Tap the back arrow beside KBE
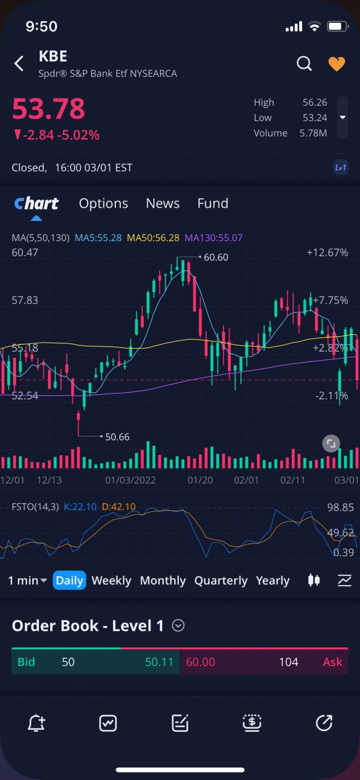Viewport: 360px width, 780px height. tap(19, 64)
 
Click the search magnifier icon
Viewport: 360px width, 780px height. tap(304, 64)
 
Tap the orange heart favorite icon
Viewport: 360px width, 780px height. tap(337, 64)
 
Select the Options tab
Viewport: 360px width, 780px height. tap(104, 203)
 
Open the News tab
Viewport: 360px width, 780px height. tap(163, 203)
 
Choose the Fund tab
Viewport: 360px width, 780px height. tap(213, 203)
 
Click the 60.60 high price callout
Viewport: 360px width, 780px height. tap(216, 257)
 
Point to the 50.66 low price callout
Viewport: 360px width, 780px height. tap(117, 437)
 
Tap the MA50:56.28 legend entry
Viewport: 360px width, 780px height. tap(153, 238)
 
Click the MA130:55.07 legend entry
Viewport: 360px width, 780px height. tap(213, 238)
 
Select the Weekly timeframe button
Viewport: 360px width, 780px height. tap(111, 581)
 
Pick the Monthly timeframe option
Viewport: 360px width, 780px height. tap(163, 581)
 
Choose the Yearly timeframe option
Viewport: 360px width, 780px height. tap(273, 581)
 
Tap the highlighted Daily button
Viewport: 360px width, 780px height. tap(70, 581)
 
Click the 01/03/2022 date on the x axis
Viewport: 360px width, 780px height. tap(130, 480)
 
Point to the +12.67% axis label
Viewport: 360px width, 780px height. tap(327, 253)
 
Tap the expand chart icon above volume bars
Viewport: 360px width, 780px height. tap(331, 443)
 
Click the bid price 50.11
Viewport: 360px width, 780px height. tap(159, 662)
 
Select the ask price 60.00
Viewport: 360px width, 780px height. tap(201, 662)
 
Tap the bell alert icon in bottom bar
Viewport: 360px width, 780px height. tap(36, 723)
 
